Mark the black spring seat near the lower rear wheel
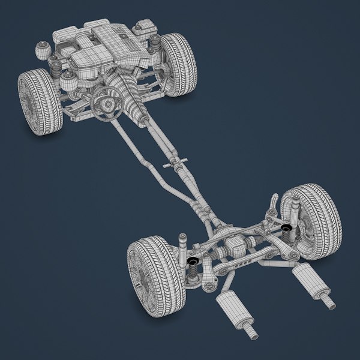point(193,262)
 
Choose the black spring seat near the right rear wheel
point(286,229)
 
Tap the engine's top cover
point(114,42)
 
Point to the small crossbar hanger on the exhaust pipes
point(175,163)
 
